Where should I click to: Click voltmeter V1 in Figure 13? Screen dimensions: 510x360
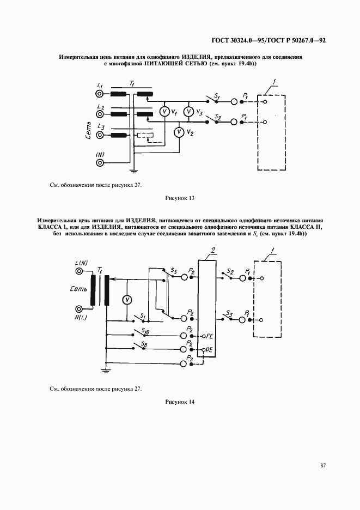[x=163, y=111]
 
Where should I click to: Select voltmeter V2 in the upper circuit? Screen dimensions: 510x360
[x=178, y=132]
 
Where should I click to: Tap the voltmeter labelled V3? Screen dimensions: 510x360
[x=188, y=111]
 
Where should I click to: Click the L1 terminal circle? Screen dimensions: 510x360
[x=100, y=94]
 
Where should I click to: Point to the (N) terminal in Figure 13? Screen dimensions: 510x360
[x=100, y=161]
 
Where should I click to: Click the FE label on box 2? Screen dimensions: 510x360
[x=207, y=336]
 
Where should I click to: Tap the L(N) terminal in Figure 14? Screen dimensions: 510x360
[x=81, y=271]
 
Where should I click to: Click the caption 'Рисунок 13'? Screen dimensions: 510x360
[x=179, y=198]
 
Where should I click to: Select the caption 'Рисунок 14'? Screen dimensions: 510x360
[x=179, y=402]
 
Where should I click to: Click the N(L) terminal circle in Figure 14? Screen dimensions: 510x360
[x=81, y=308]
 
